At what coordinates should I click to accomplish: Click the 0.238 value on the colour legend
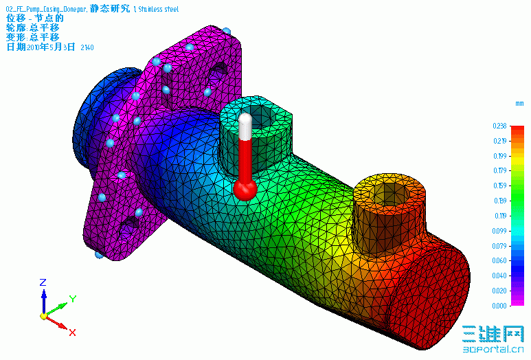(x=499, y=126)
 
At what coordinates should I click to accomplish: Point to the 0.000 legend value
(x=499, y=305)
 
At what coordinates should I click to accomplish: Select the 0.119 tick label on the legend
(x=499, y=216)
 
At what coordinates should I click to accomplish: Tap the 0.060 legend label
(x=499, y=260)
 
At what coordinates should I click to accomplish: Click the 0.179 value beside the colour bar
(x=499, y=171)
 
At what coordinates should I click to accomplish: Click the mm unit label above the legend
(x=519, y=103)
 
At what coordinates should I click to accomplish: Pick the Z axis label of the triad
(x=43, y=282)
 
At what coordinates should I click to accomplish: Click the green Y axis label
(x=72, y=298)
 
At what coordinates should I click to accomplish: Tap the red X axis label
(x=72, y=333)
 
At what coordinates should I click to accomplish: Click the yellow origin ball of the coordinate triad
(x=43, y=317)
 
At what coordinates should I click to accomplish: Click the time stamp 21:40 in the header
(x=87, y=47)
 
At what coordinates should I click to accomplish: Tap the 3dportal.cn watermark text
(x=491, y=349)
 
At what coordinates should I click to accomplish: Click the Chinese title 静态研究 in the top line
(x=109, y=8)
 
